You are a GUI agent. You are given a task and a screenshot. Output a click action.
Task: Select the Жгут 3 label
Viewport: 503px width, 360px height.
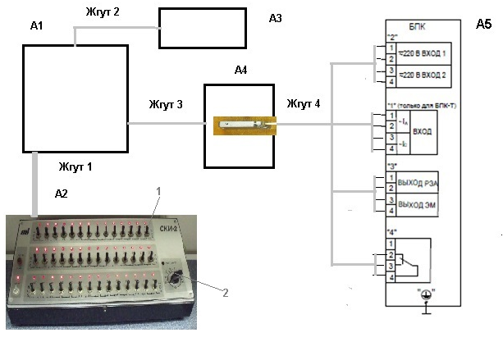tap(166, 105)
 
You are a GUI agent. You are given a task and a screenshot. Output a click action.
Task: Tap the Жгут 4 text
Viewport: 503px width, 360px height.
tap(304, 105)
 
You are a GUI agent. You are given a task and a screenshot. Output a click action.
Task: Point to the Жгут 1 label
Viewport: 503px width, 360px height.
tap(75, 166)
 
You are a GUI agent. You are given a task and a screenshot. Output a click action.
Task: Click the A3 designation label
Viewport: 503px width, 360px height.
tap(276, 18)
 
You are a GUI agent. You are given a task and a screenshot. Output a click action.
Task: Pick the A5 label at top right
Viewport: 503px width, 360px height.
tap(483, 25)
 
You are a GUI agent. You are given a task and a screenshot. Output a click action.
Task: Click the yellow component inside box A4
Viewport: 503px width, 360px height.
tap(245, 124)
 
